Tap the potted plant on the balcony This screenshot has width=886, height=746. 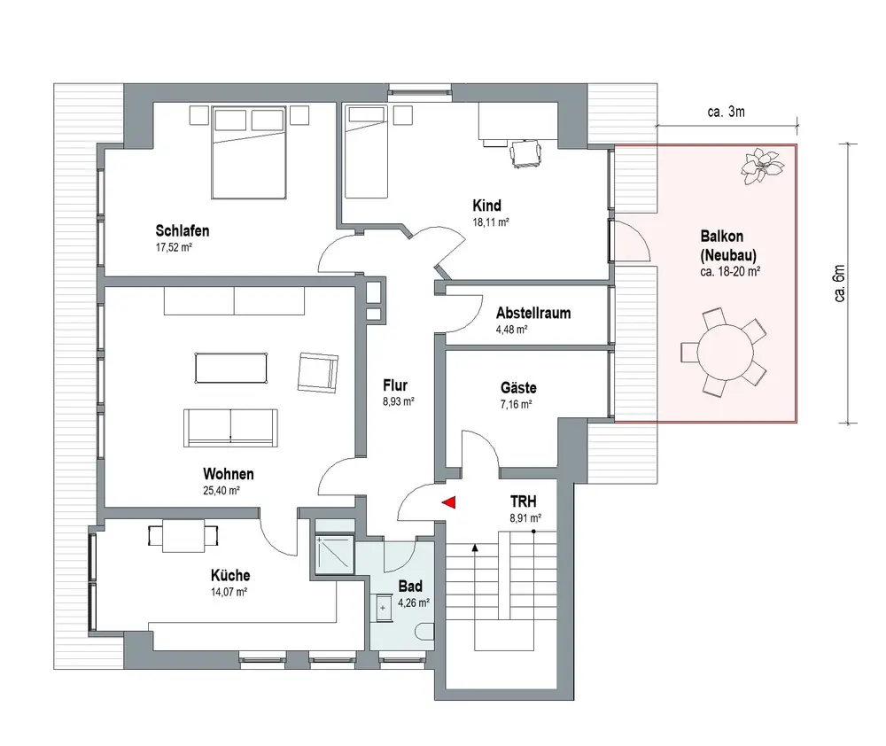762,166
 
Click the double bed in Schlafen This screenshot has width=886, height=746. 249,152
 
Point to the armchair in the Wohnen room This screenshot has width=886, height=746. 317,372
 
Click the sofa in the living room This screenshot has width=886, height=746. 230,428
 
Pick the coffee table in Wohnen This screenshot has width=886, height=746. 231,368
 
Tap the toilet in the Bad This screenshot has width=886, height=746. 427,632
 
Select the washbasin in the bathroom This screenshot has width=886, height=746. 383,608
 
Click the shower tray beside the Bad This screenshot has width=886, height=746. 335,555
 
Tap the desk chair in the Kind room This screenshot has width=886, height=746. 525,154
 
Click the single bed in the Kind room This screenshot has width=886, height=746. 366,152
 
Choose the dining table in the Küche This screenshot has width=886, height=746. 183,536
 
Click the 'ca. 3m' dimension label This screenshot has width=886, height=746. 727,112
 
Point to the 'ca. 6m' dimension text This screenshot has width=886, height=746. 840,284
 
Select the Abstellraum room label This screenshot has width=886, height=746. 533,313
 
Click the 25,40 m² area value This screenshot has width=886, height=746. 221,491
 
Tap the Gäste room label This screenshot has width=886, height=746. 518,388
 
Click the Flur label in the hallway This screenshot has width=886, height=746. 395,385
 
